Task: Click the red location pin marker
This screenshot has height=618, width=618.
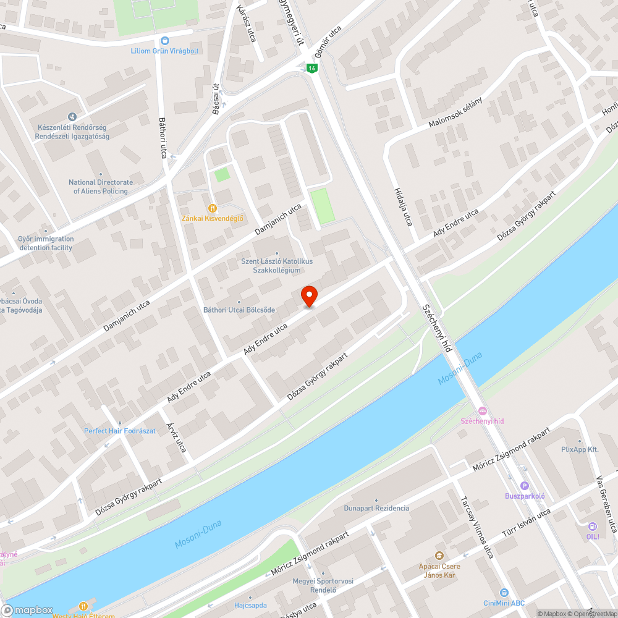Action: coord(308,296)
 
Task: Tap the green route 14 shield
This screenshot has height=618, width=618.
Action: coord(313,67)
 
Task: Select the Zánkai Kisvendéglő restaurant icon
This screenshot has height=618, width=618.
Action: coord(213,208)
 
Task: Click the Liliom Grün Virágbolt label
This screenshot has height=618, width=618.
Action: coord(164,51)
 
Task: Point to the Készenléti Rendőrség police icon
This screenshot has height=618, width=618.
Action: coord(72,116)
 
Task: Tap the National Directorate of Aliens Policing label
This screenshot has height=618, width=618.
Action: coord(100,187)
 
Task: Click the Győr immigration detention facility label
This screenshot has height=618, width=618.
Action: coord(45,243)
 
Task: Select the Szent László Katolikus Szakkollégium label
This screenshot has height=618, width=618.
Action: coord(277,266)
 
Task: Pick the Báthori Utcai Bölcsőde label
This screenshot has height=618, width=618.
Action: coord(239,310)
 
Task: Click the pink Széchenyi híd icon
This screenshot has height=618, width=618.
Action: coord(483,411)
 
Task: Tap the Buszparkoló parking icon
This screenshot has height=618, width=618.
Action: coord(525,486)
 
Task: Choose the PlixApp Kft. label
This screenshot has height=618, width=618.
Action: coord(580,449)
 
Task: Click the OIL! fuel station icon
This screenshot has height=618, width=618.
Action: coord(593,527)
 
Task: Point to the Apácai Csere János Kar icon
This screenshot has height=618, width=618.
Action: coord(439,556)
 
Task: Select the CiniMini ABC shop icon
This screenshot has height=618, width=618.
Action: coord(504,593)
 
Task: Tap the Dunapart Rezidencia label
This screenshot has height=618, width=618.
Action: coord(376,508)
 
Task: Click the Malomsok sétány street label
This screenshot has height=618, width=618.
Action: coord(455,113)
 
